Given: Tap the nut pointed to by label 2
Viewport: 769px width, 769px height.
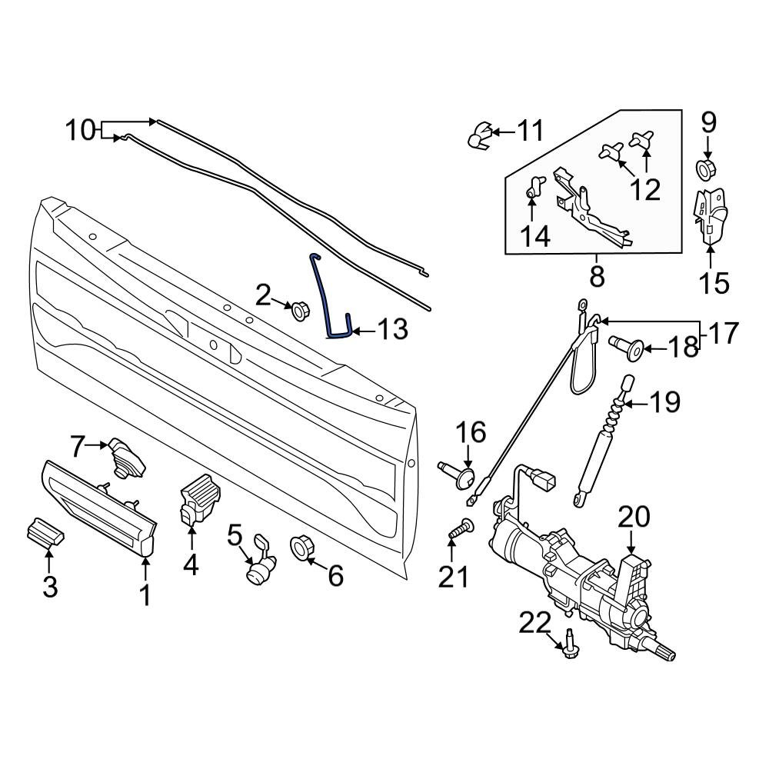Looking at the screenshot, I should [x=298, y=311].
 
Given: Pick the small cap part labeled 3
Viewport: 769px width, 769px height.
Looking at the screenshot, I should [x=45, y=532].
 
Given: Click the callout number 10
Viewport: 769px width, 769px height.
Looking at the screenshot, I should [x=79, y=130].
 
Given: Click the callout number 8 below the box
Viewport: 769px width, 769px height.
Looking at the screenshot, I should [x=597, y=275].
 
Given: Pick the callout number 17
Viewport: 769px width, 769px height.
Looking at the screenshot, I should [x=722, y=333].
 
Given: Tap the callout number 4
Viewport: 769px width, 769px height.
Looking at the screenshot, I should [x=191, y=567].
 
